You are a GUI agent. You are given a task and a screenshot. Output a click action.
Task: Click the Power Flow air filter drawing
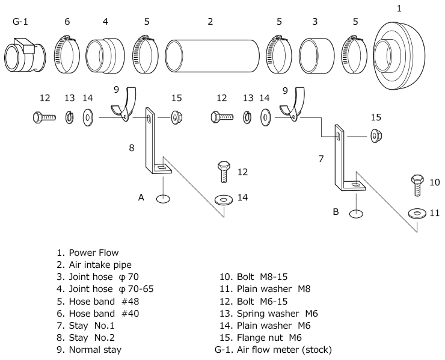399,55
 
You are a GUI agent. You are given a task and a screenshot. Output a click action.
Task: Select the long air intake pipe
212,56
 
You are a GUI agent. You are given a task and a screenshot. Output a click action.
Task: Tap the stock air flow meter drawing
25,55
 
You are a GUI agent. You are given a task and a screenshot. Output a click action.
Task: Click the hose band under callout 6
67,54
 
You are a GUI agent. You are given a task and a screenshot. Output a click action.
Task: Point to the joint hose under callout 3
317,56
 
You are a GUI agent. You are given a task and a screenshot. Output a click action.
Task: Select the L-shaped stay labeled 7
348,159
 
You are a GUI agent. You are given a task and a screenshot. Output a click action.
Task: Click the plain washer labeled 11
417,213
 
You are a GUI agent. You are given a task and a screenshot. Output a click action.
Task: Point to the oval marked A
163,199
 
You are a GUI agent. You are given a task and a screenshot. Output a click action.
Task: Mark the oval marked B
356,214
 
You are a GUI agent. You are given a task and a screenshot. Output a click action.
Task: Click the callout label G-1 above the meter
20,21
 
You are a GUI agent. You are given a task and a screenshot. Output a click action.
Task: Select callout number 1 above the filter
399,8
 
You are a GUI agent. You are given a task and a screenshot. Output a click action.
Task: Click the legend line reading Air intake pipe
94,265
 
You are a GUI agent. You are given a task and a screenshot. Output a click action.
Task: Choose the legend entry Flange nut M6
260,338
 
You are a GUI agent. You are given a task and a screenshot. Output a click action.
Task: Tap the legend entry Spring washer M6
268,314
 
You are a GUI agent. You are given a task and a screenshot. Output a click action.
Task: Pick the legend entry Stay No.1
85,326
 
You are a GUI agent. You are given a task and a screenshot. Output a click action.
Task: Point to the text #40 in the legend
130,314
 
